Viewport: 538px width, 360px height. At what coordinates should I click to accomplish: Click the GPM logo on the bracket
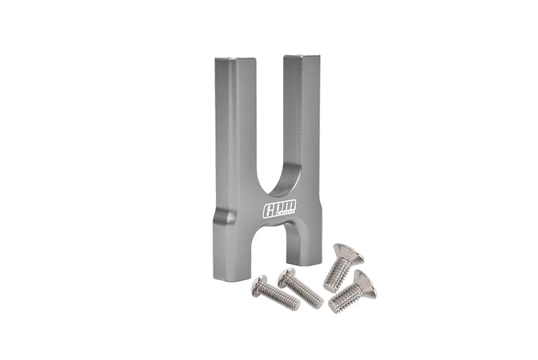click(x=279, y=209)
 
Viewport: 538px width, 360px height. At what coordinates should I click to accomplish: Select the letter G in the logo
click(x=268, y=210)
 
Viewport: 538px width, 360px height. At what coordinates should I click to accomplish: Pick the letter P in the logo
click(x=279, y=207)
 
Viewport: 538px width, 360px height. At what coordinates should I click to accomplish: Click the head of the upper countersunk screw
click(x=348, y=253)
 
